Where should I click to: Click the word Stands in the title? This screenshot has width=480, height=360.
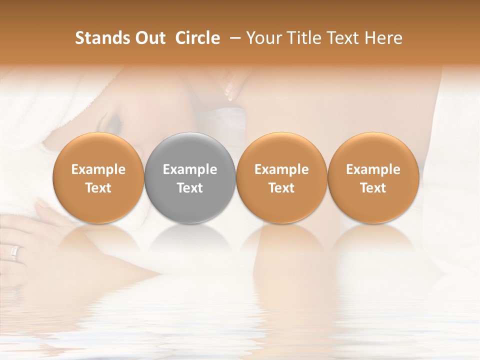(102, 38)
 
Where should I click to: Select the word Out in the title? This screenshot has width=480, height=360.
(149, 38)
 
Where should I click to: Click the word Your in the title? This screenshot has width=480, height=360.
(262, 38)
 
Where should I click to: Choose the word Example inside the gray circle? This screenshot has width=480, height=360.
(189, 169)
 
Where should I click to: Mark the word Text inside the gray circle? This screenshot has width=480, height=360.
(189, 188)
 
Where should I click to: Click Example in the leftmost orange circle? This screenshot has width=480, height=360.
(98, 169)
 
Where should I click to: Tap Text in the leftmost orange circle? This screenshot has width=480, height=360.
(98, 188)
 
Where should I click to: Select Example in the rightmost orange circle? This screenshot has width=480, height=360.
(373, 169)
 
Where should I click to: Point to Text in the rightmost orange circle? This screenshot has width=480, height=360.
(373, 188)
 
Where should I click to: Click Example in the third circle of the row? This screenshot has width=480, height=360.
(281, 169)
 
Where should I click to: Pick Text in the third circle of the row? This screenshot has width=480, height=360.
(281, 188)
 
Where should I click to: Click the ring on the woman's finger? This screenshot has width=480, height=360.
(14, 253)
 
